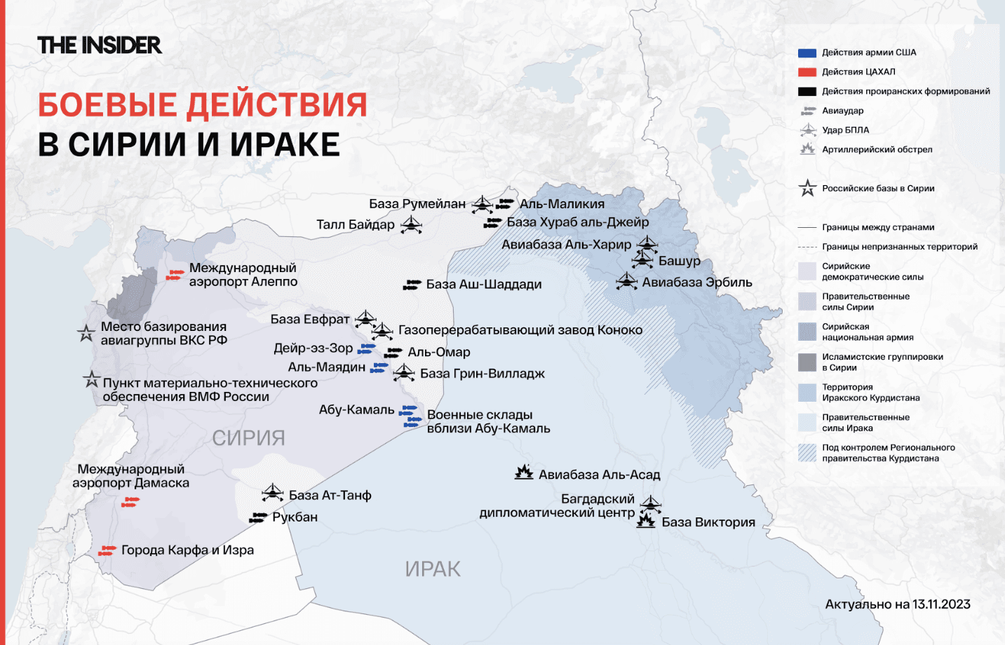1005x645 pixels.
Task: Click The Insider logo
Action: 100,46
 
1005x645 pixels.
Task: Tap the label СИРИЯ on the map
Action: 248,438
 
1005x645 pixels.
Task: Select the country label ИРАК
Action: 433,569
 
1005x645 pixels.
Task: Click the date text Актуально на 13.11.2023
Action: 898,604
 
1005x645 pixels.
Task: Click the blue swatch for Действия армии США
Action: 807,53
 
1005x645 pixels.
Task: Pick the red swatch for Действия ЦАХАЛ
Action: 807,72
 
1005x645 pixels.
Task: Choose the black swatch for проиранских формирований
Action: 807,91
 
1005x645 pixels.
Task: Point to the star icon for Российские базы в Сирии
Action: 807,188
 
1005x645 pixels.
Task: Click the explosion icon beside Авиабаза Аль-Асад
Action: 524,473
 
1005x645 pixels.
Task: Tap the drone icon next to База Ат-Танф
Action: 272,493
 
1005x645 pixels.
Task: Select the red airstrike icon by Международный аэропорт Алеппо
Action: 175,275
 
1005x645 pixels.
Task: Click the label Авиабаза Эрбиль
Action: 697,283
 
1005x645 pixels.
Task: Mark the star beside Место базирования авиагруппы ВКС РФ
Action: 86,334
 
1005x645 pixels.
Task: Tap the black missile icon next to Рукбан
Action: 259,517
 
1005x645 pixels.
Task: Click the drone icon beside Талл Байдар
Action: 411,225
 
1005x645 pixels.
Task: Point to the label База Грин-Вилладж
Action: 483,374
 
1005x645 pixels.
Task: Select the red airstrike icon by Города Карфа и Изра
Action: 107,550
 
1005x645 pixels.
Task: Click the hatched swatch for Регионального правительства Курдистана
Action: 807,453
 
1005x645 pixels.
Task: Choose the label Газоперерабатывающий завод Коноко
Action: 520,330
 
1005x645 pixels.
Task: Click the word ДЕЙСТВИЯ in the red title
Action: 276,105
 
